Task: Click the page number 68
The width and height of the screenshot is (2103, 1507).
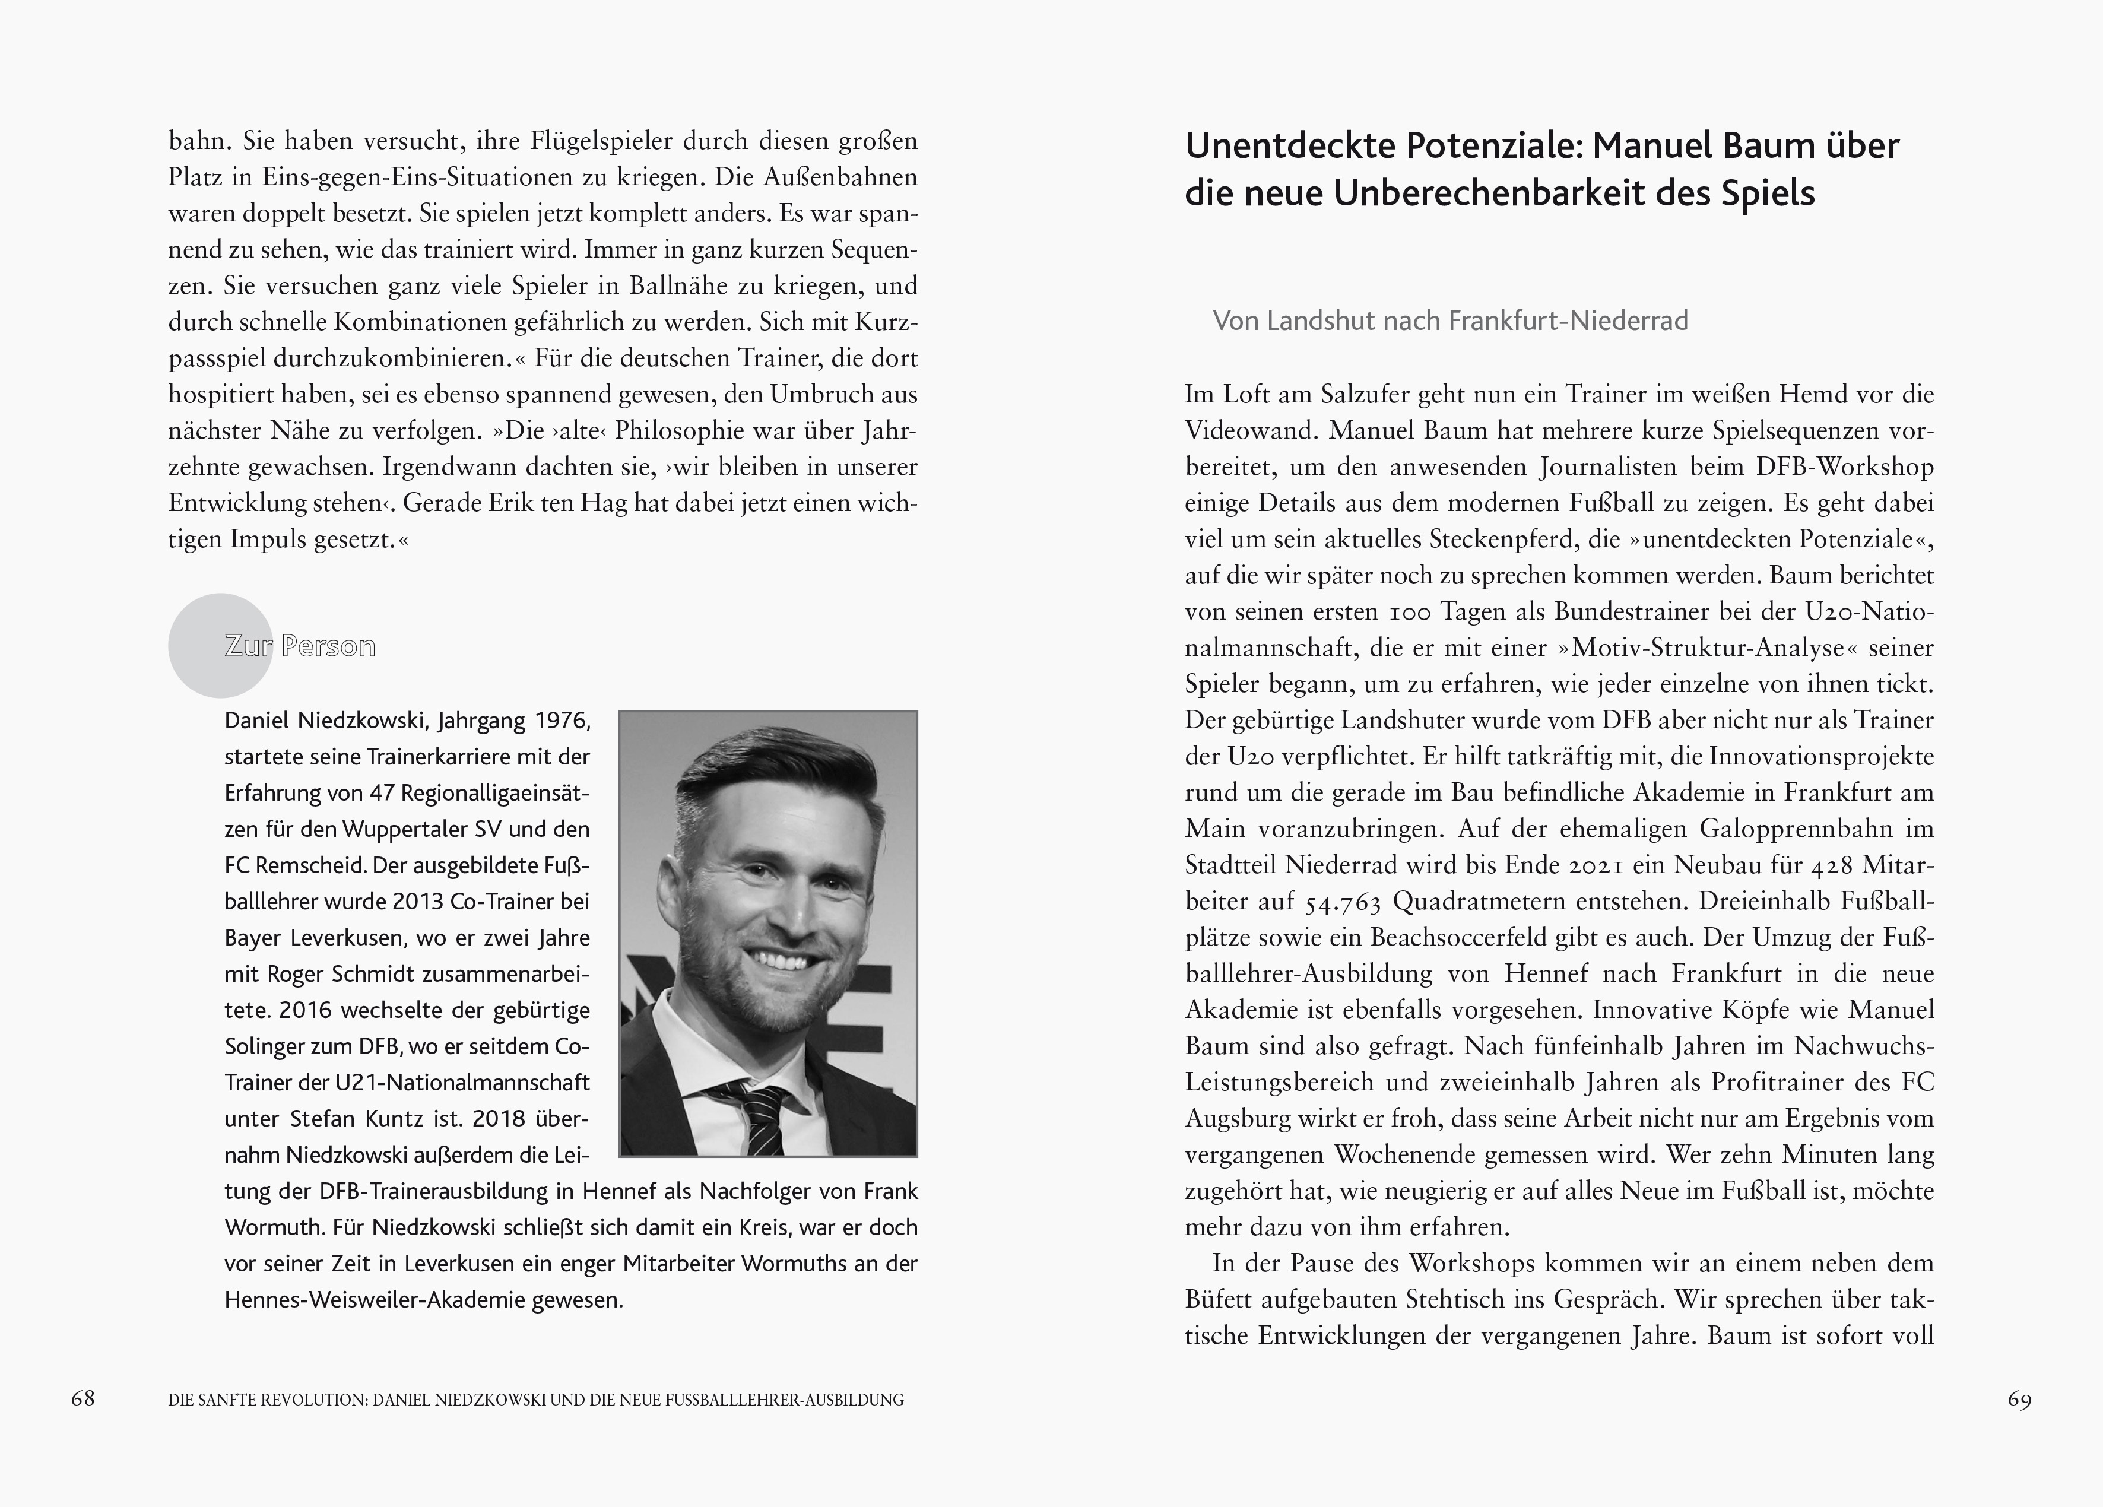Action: pyautogui.click(x=83, y=1398)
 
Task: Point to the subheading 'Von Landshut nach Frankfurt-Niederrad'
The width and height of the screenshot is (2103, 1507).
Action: pyautogui.click(x=1450, y=321)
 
